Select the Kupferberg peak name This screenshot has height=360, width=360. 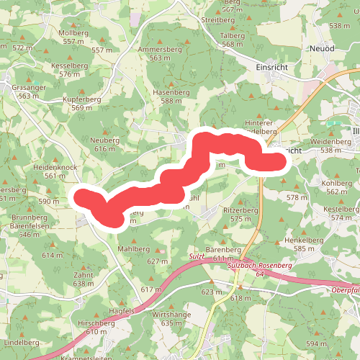tap(81, 98)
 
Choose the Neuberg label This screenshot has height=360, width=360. tap(104, 140)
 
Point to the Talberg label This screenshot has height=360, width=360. tap(233, 35)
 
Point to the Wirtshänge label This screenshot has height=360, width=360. tap(171, 315)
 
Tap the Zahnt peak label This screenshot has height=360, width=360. tap(83, 275)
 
